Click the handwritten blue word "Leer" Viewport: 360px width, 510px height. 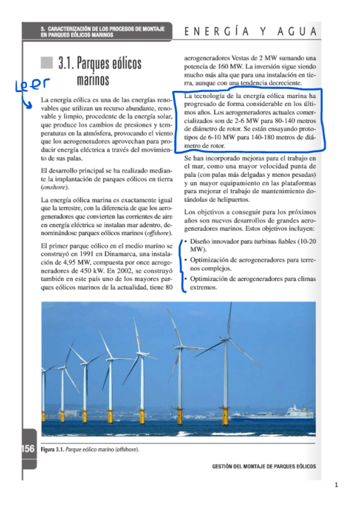point(30,87)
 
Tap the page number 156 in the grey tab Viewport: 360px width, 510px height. point(28,448)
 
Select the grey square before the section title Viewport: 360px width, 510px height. point(47,63)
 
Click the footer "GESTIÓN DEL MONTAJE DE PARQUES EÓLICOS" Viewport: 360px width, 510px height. point(264,466)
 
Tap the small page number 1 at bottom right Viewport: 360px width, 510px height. point(338,485)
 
